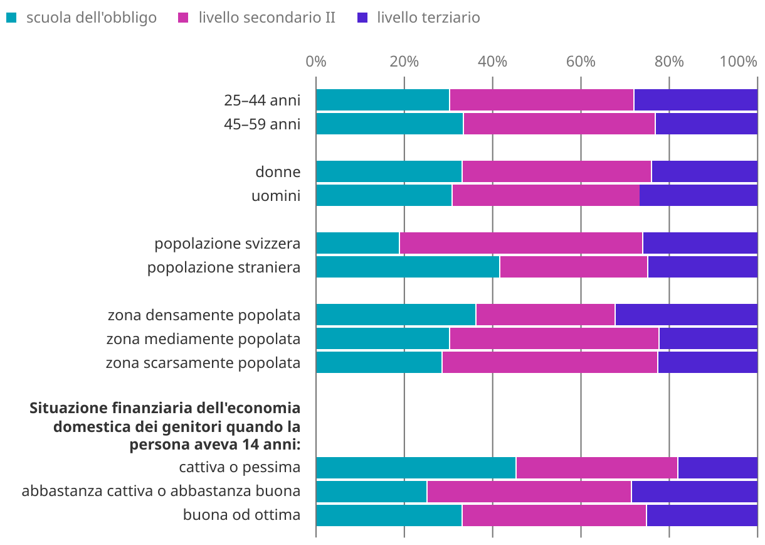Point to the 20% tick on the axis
click(404, 62)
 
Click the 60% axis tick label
click(581, 62)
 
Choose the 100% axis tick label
click(739, 62)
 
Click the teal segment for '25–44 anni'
click(382, 100)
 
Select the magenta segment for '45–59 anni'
click(559, 124)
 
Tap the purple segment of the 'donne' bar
click(704, 172)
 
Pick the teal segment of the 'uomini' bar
click(384, 196)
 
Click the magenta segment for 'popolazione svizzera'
click(520, 244)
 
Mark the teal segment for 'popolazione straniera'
click(408, 267)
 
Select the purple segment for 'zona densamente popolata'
click(686, 315)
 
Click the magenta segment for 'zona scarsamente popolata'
click(549, 363)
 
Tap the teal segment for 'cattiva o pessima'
click(416, 468)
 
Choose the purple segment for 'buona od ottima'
click(702, 515)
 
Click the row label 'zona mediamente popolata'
click(203, 339)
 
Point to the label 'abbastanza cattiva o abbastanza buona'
click(161, 491)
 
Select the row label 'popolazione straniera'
click(224, 267)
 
